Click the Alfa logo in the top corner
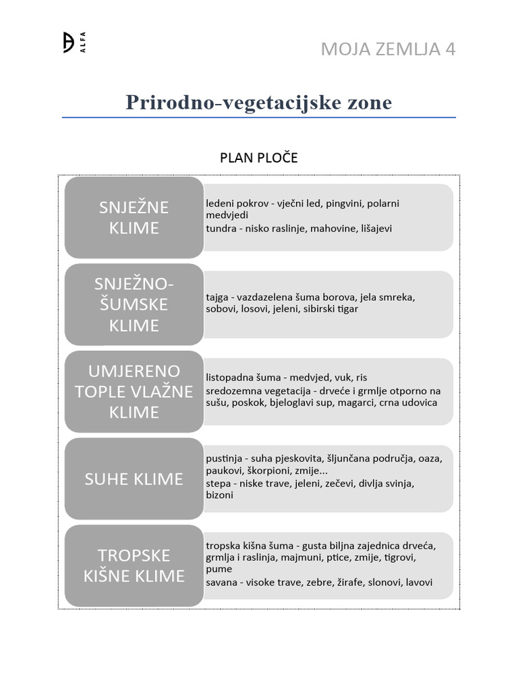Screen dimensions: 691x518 pyautogui.click(x=74, y=43)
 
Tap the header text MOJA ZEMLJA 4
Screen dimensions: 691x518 pyautogui.click(x=388, y=49)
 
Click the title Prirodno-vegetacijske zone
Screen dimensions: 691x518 pyautogui.click(x=258, y=103)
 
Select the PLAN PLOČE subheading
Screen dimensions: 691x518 pyautogui.click(x=258, y=158)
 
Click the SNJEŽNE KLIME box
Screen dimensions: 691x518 pyautogui.click(x=134, y=217)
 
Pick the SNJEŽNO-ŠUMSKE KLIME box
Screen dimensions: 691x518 pyautogui.click(x=134, y=304)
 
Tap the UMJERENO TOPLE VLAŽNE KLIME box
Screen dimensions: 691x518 pyautogui.click(x=134, y=391)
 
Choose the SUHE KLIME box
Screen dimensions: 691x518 pyautogui.click(x=134, y=478)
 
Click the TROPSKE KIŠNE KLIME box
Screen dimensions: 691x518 pyautogui.click(x=134, y=565)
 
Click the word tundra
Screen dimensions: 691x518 pyautogui.click(x=221, y=228)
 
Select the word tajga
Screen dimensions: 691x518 pyautogui.click(x=217, y=296)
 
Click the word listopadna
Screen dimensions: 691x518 pyautogui.click(x=231, y=377)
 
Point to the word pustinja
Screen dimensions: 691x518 pyautogui.click(x=223, y=458)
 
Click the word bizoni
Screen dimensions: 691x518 pyautogui.click(x=219, y=495)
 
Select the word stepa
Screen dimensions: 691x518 pyautogui.click(x=218, y=483)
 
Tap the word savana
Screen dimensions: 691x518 pyautogui.click(x=222, y=582)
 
